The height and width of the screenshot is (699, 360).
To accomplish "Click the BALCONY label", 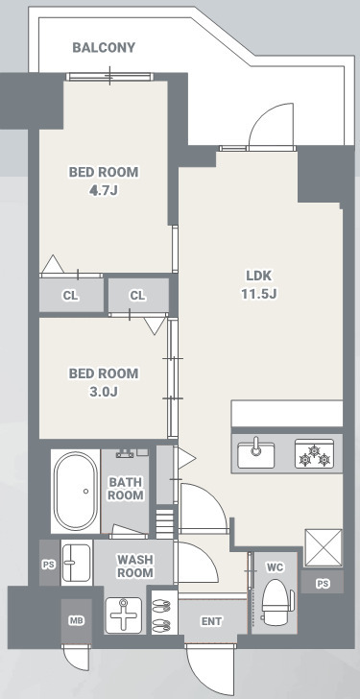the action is [x=104, y=47].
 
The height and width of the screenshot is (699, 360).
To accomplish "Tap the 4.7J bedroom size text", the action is [x=104, y=191].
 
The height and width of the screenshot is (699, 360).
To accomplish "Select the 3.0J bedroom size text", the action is [x=104, y=393].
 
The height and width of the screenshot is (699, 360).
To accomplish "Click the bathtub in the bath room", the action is [x=76, y=491].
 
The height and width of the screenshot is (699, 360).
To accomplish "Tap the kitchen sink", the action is [x=255, y=453].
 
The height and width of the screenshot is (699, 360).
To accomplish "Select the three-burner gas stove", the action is [x=315, y=454].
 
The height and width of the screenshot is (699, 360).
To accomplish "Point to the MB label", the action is [x=77, y=620].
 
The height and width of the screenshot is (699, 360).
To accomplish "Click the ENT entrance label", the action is [x=211, y=621].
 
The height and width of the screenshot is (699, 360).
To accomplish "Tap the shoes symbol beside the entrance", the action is [x=162, y=612].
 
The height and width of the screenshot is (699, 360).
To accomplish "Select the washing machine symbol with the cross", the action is [x=123, y=615].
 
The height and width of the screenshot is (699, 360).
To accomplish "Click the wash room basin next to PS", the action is [x=76, y=563].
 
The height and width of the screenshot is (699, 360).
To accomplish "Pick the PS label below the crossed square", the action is [x=323, y=584].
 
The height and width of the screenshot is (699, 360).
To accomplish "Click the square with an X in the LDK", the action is [x=324, y=548].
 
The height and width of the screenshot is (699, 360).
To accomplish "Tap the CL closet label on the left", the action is [x=70, y=295].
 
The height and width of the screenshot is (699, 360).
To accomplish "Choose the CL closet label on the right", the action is [x=137, y=295].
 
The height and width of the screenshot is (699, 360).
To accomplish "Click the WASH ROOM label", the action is [x=134, y=566].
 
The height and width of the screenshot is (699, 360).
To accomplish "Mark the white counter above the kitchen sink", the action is [x=287, y=414].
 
